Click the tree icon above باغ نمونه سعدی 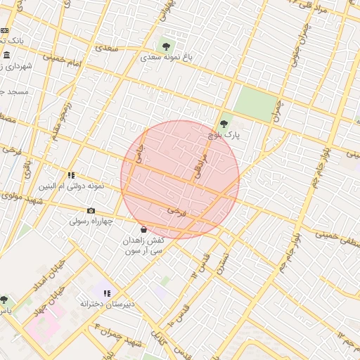coord(166,46)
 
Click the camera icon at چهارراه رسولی coord(91,210)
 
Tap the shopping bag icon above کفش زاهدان coord(143,229)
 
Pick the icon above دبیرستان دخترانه coord(107,292)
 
